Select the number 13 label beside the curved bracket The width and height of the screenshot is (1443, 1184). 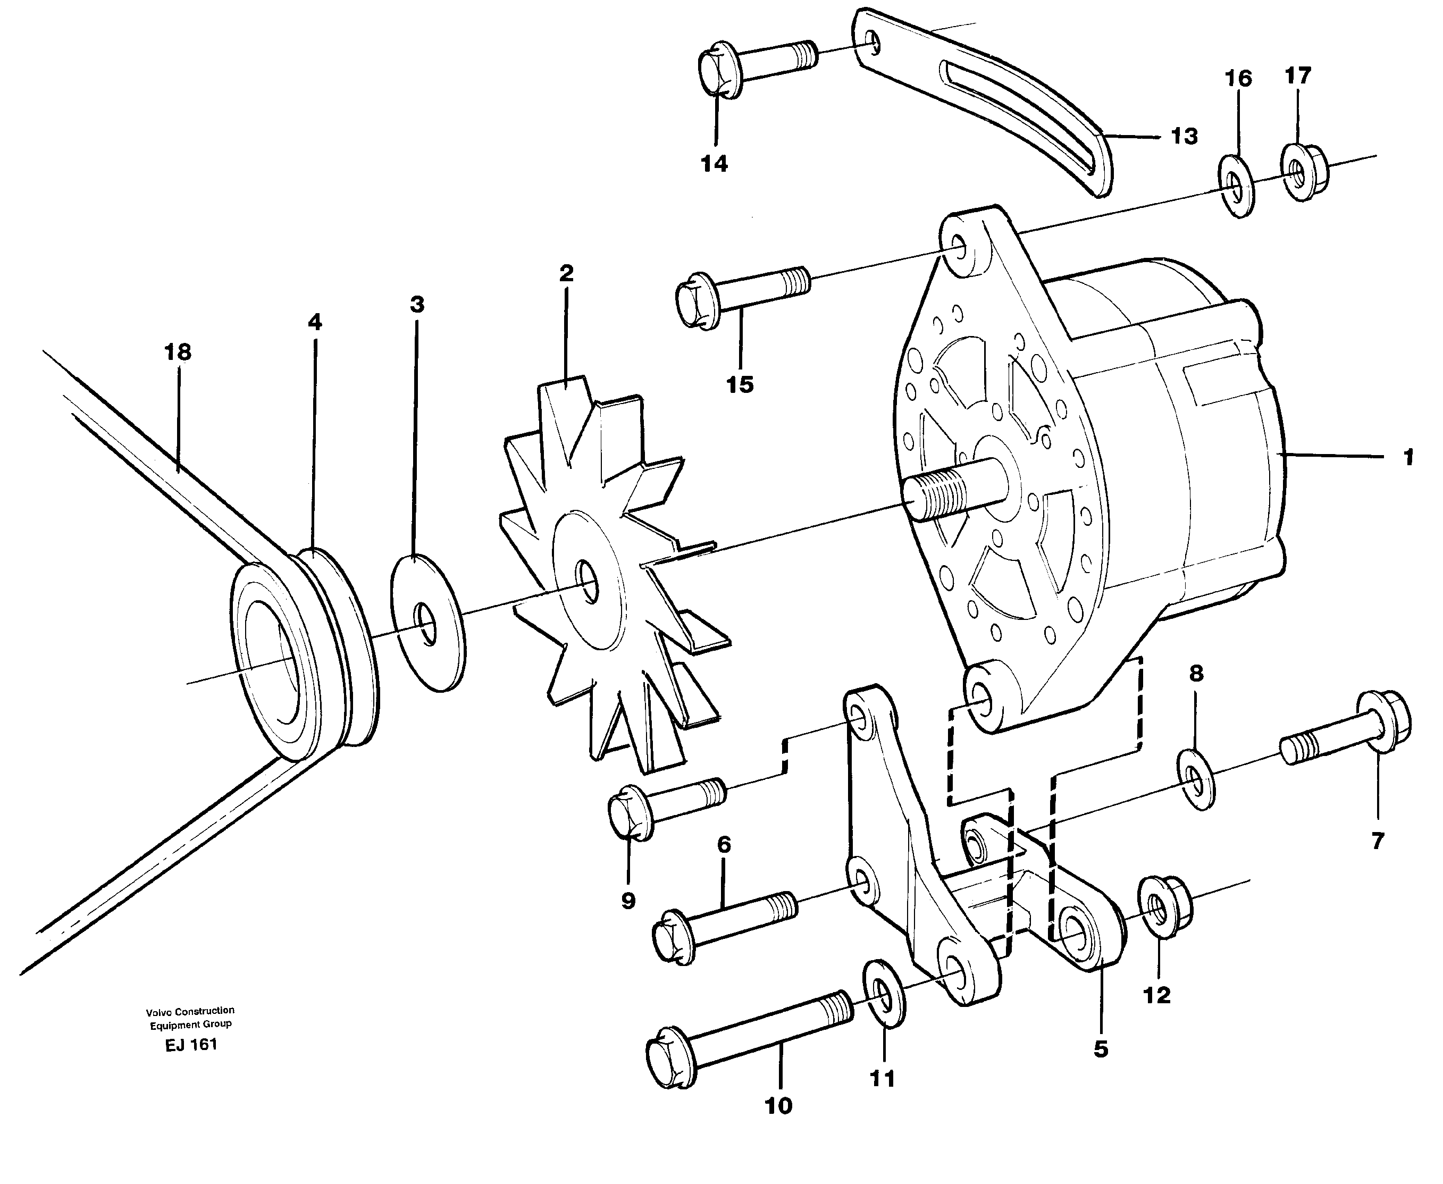click(1184, 137)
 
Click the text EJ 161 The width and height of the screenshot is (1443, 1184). click(191, 1045)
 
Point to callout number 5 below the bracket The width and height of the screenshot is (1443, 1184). click(1101, 1049)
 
